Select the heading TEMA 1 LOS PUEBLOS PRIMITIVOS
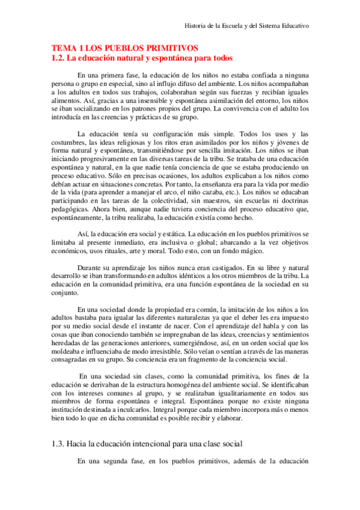point(125,48)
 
